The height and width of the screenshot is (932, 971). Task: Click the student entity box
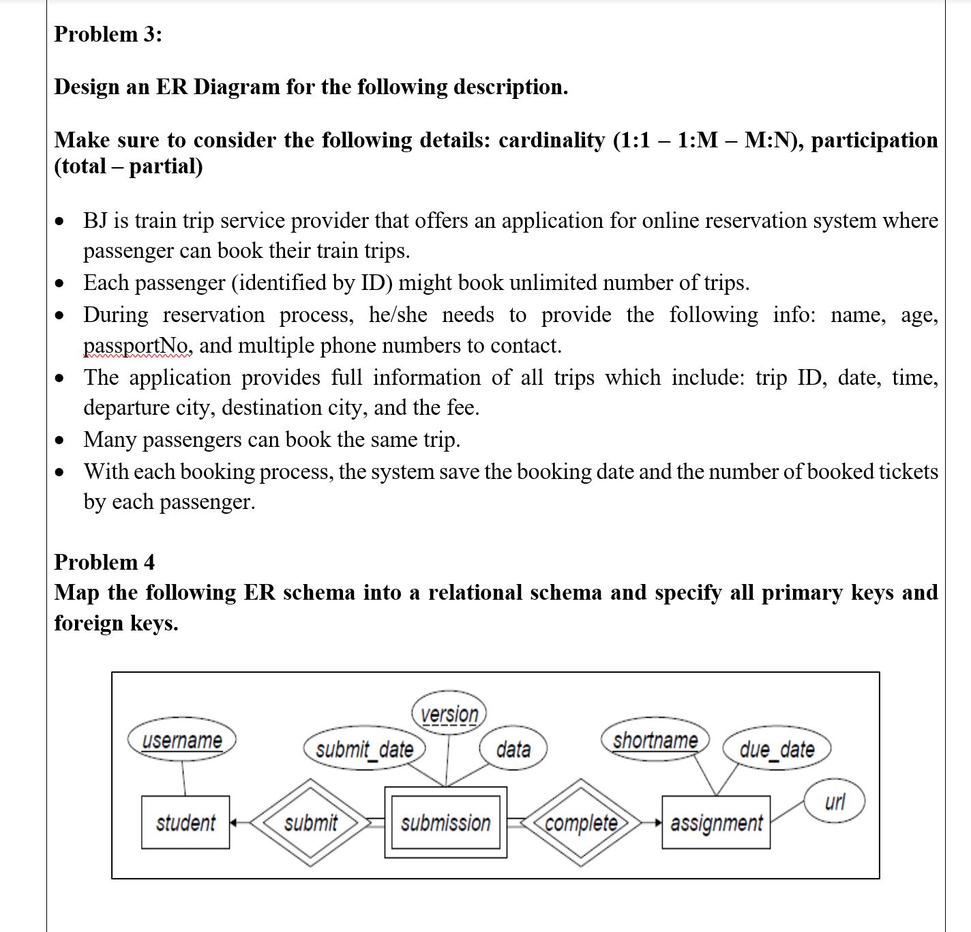click(x=185, y=822)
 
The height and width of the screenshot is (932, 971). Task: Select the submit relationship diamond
click(x=310, y=823)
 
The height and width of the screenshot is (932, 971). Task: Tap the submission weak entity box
click(x=446, y=823)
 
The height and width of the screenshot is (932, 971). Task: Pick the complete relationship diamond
click(x=581, y=823)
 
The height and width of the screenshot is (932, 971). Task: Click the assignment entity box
click(x=716, y=823)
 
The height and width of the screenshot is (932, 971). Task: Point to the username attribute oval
click(x=182, y=740)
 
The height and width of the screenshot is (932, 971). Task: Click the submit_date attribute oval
click(x=364, y=749)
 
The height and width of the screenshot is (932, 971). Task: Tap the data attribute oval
click(x=513, y=749)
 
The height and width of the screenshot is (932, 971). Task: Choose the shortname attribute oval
click(x=655, y=740)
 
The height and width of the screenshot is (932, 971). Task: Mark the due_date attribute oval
click(x=777, y=749)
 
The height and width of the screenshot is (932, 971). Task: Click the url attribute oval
click(x=835, y=801)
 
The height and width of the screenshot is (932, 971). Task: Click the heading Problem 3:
click(x=108, y=34)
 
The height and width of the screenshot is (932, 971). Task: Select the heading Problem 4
click(x=104, y=562)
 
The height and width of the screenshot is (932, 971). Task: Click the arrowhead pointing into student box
click(x=234, y=823)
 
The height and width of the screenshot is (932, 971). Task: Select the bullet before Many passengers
click(x=62, y=440)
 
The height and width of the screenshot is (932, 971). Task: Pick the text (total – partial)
click(x=128, y=166)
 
